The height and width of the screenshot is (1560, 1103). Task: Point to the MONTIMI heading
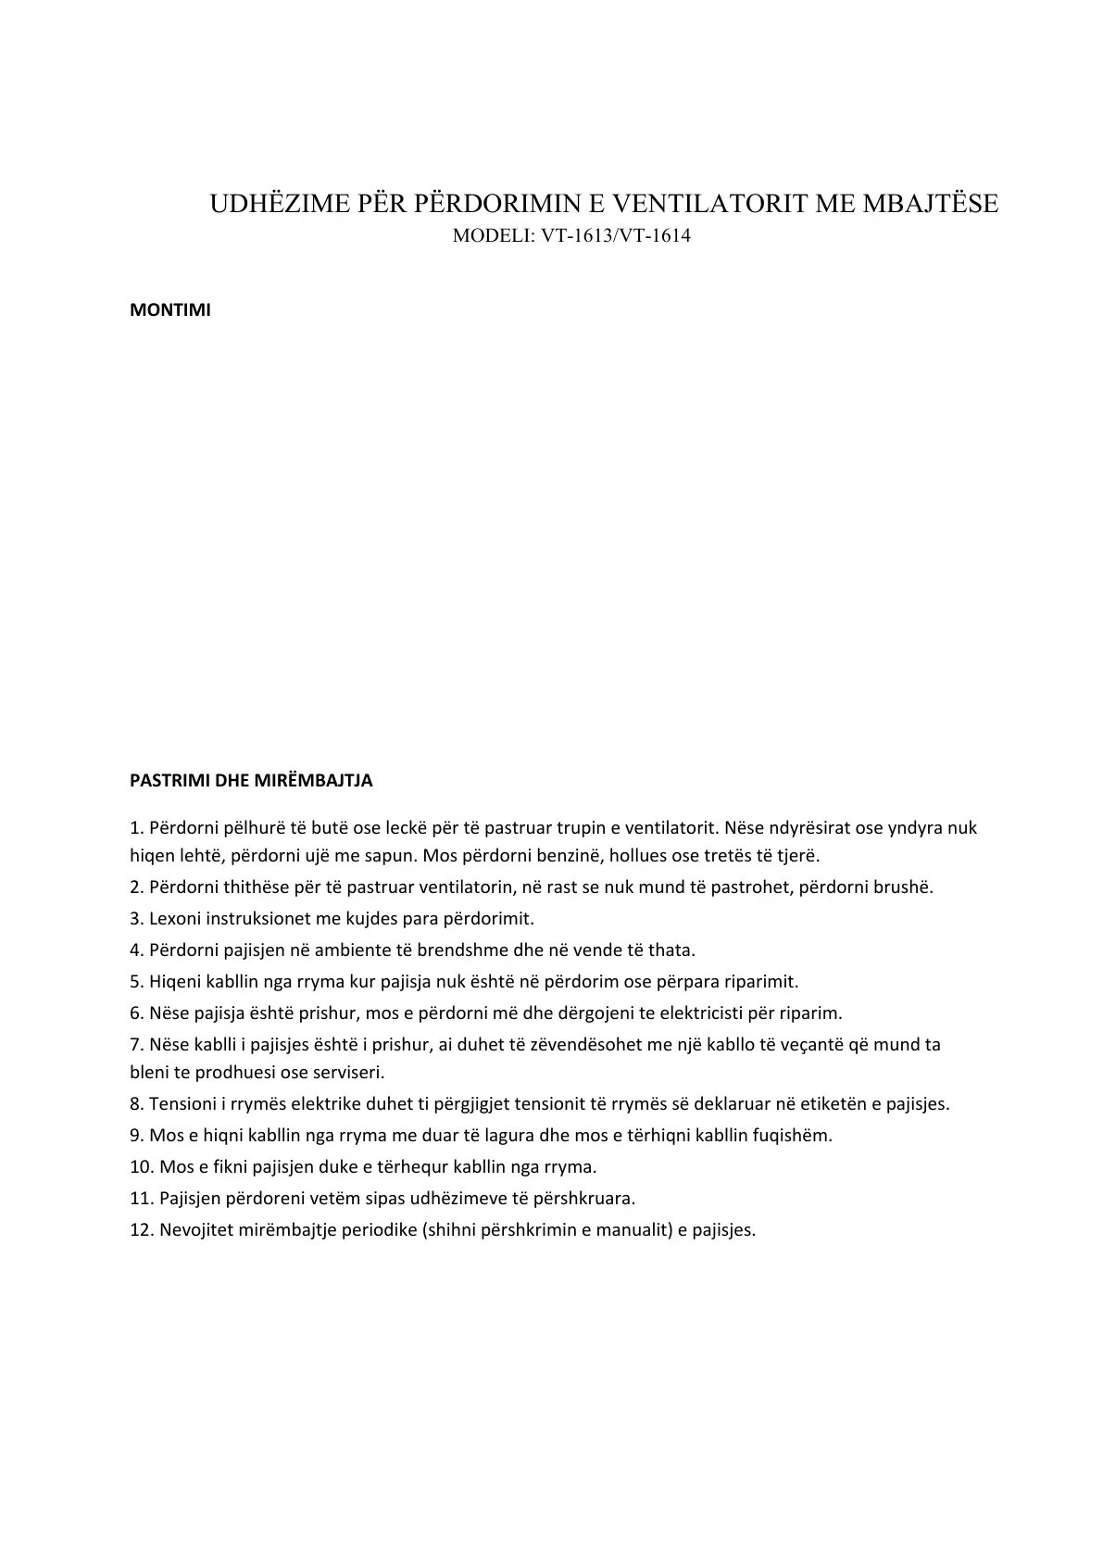[x=170, y=310]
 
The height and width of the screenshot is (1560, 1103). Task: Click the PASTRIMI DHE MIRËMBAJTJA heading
[x=251, y=780]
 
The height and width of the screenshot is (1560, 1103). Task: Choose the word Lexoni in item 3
[x=175, y=918]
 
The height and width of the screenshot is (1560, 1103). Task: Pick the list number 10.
[x=142, y=1167]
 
